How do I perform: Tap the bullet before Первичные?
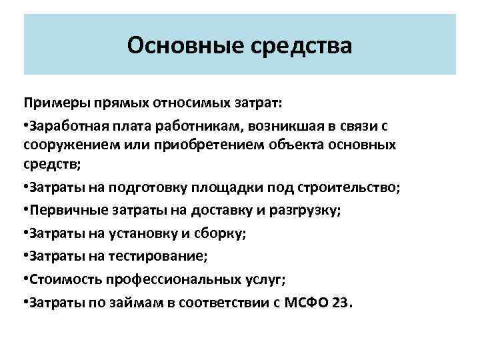26,210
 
